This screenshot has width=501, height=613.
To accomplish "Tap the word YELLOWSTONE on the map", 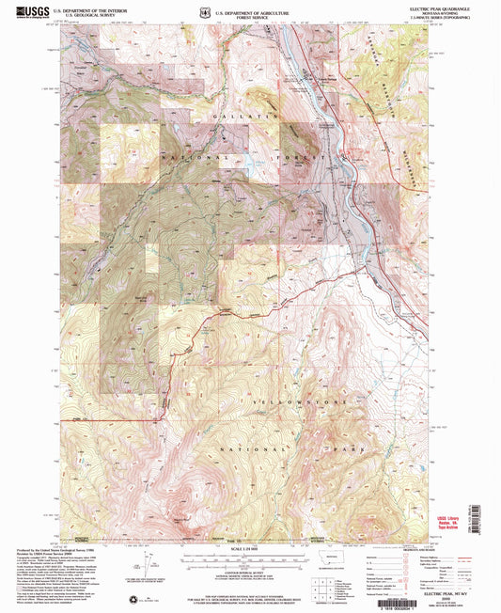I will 258,401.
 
